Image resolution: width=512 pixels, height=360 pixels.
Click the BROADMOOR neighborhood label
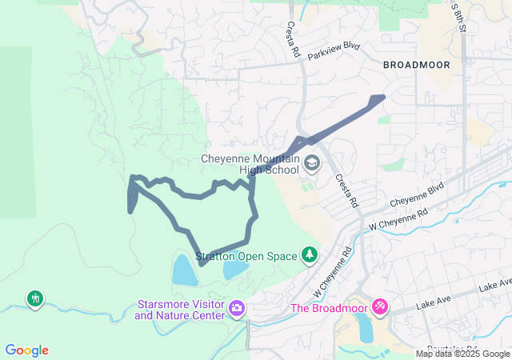click(x=416, y=64)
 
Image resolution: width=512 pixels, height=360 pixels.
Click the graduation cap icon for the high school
click(x=312, y=164)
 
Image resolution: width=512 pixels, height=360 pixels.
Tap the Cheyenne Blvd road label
click(x=416, y=197)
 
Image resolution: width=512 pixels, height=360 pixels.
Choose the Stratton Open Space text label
click(x=246, y=256)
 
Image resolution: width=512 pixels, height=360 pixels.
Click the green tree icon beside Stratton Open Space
click(x=309, y=255)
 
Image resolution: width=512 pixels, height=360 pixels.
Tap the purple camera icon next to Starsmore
click(x=237, y=308)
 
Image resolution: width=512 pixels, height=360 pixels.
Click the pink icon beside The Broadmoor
click(x=380, y=306)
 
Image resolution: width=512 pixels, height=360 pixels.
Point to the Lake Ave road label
click(x=494, y=286)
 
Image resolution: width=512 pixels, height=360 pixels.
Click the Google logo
click(x=26, y=350)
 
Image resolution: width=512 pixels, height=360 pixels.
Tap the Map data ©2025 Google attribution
click(x=462, y=354)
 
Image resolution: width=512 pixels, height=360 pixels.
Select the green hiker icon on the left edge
click(x=34, y=299)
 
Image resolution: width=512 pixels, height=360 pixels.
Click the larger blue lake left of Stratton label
click(x=183, y=270)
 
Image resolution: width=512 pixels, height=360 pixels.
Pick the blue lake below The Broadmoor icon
click(x=366, y=327)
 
